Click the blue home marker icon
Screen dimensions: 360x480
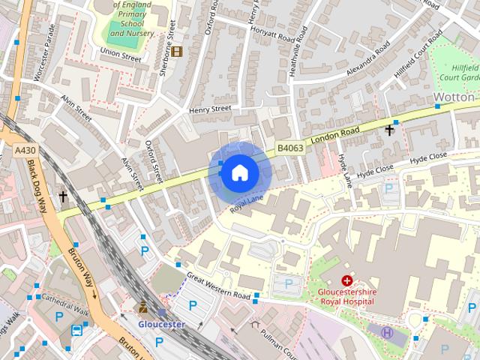(239, 172)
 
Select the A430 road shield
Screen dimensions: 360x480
(25, 151)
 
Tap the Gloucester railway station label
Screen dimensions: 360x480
(161, 324)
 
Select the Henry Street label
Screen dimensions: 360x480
(210, 109)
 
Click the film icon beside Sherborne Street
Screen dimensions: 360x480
(177, 51)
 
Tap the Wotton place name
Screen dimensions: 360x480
(454, 97)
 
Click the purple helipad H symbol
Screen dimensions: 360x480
(387, 332)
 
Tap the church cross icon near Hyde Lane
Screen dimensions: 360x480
(389, 130)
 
